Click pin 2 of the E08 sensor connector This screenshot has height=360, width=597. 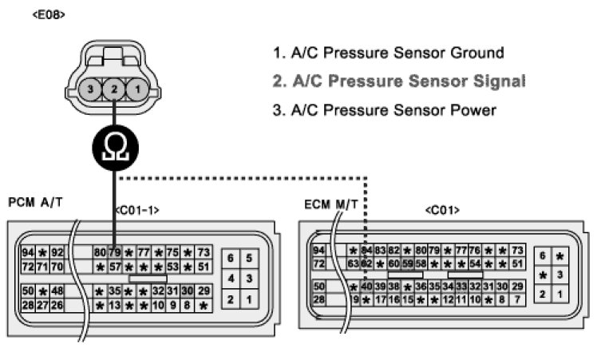[x=114, y=89]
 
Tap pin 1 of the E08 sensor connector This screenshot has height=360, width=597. [x=137, y=89]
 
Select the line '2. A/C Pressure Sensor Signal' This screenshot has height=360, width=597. [x=398, y=81]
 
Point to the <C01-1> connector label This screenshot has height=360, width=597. [x=137, y=210]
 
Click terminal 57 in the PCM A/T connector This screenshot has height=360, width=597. [x=114, y=266]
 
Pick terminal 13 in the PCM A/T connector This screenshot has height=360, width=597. [x=114, y=304]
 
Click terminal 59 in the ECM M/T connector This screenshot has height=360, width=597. [x=407, y=263]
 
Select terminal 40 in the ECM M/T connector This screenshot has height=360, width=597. [x=367, y=286]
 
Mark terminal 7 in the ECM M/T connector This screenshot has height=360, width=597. [x=518, y=299]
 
